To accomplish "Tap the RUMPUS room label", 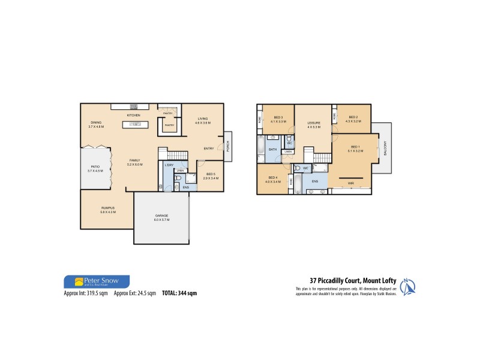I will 108,208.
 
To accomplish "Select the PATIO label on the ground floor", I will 95,166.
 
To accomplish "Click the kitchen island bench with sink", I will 134,125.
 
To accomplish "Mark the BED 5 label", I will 209,174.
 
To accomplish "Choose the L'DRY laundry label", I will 169,165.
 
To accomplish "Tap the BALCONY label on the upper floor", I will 385,148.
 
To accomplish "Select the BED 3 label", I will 278,117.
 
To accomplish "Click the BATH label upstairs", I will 272,149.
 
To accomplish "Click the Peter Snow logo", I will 96,281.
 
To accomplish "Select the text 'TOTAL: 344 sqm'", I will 178,293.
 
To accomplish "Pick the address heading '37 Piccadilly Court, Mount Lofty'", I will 353,280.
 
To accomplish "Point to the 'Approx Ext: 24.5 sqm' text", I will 135,293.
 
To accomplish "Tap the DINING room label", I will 96,123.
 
